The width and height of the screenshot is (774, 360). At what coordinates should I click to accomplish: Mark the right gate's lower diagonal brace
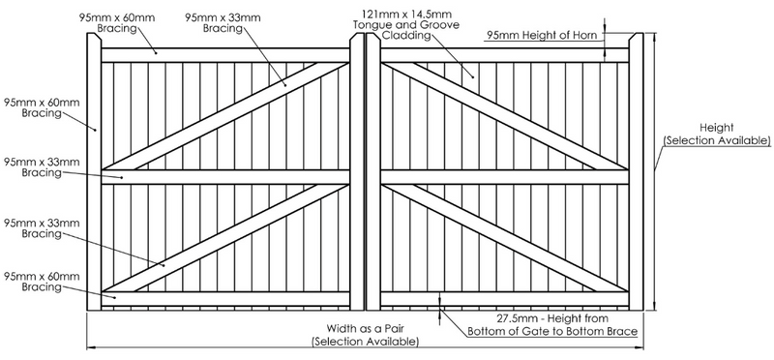pyautogui.click(x=503, y=232)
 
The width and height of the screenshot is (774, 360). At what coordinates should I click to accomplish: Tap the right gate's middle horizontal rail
pyautogui.click(x=503, y=176)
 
